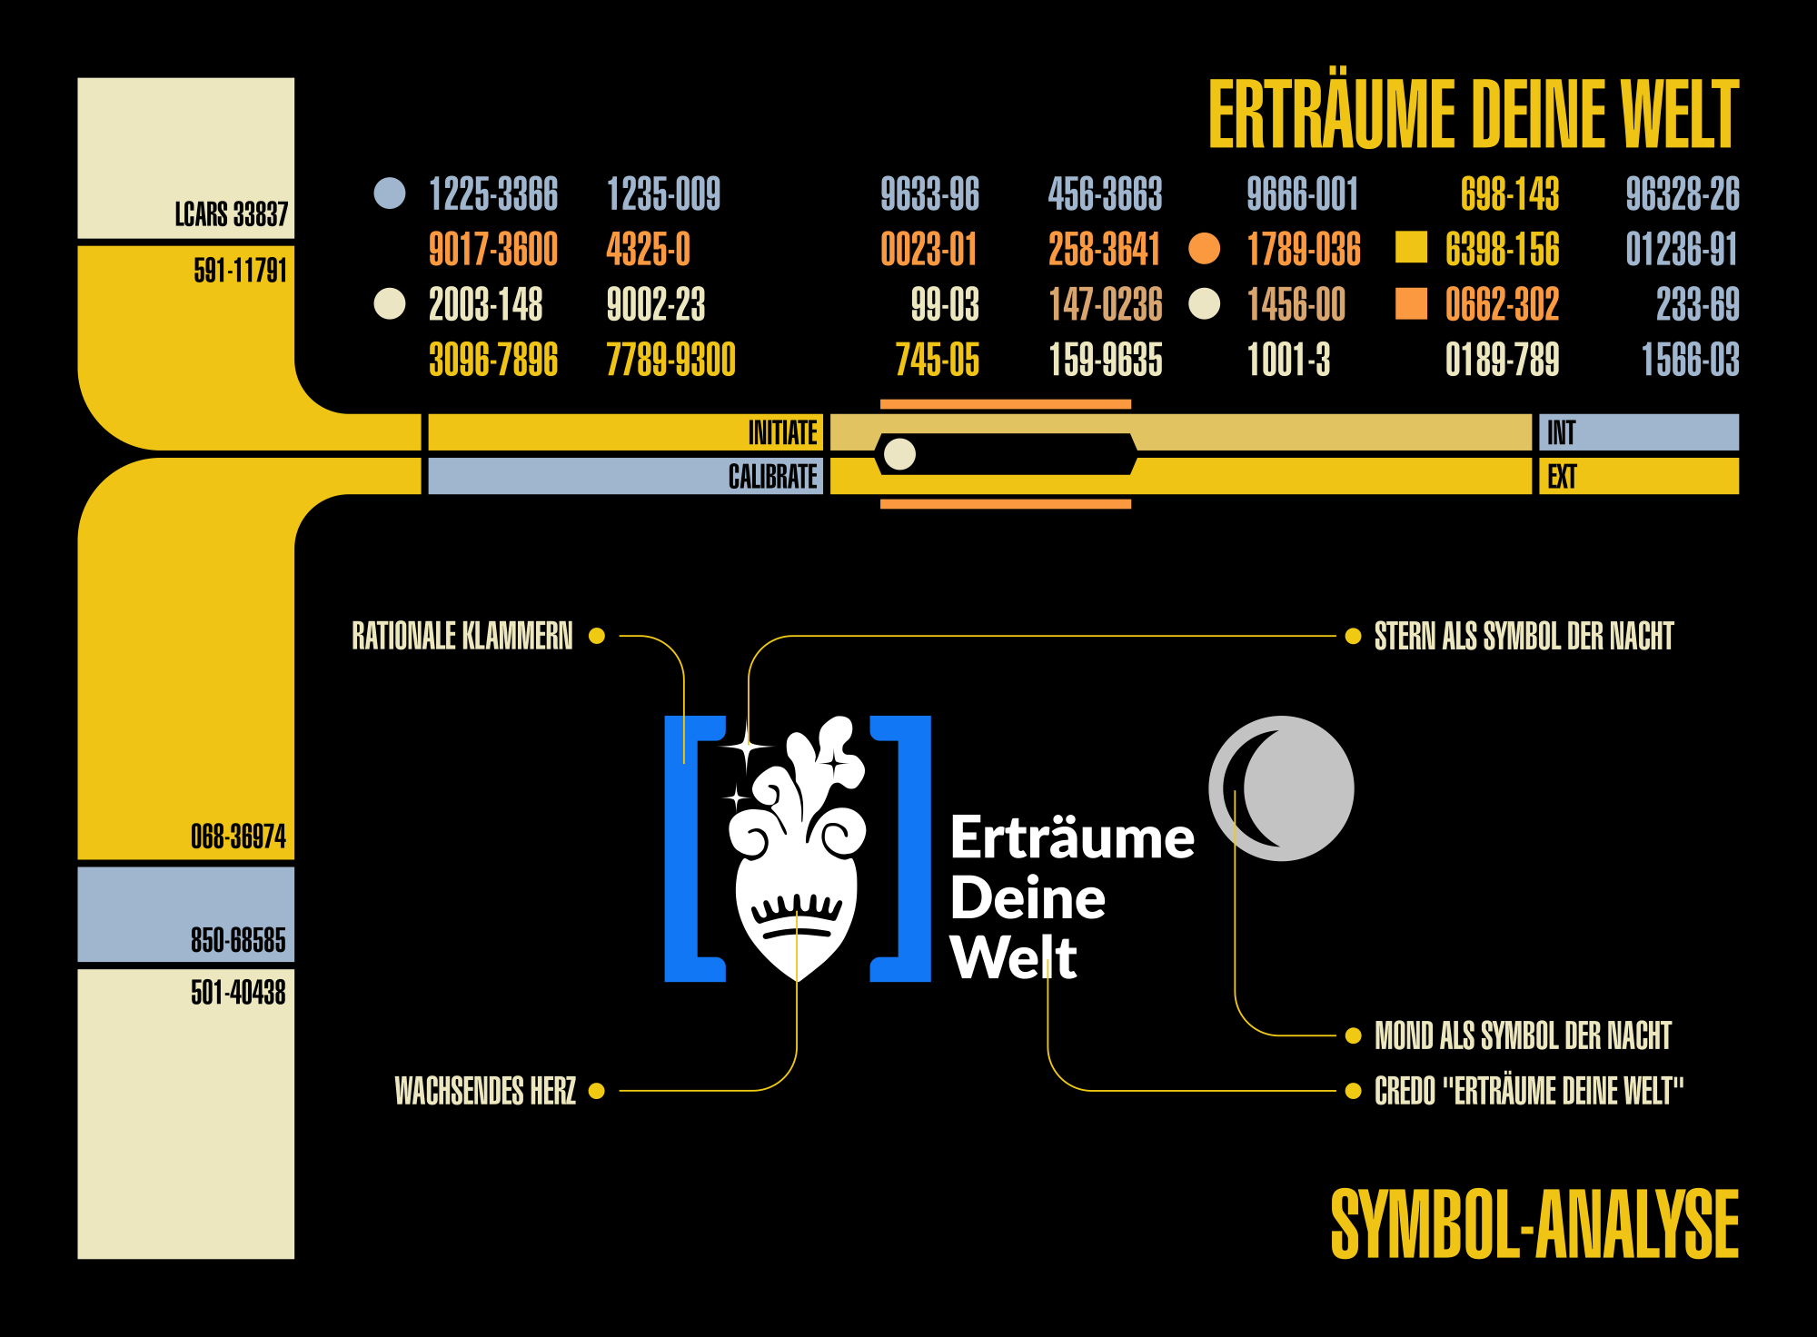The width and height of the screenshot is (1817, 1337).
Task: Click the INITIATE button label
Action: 782,433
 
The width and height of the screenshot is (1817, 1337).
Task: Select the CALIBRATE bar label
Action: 772,477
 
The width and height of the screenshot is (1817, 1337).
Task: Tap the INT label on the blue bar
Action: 1561,433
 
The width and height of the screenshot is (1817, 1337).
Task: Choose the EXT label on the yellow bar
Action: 1562,477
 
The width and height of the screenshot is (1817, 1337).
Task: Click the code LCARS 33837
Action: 231,214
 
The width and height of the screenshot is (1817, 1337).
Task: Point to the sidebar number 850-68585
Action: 238,940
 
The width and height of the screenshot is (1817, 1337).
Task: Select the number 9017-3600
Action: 493,250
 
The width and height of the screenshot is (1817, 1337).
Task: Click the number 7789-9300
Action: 670,360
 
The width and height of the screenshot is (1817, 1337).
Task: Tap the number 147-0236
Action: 1105,305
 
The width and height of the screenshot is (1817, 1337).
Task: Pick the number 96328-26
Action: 1682,194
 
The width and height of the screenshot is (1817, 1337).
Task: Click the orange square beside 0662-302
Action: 1411,304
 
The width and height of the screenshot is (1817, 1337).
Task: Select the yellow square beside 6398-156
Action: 1411,247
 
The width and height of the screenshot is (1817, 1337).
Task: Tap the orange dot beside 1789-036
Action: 1205,249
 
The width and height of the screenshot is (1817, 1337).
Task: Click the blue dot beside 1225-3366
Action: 390,193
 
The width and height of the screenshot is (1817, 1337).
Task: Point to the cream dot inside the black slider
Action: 899,454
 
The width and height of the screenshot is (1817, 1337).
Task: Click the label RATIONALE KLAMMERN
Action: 462,636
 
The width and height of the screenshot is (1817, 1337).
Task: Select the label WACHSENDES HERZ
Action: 485,1091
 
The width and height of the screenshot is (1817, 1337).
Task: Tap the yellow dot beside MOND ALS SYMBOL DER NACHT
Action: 1353,1035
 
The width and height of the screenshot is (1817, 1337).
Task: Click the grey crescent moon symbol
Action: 1281,788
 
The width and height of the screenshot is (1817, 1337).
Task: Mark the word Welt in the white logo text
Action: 1013,957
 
